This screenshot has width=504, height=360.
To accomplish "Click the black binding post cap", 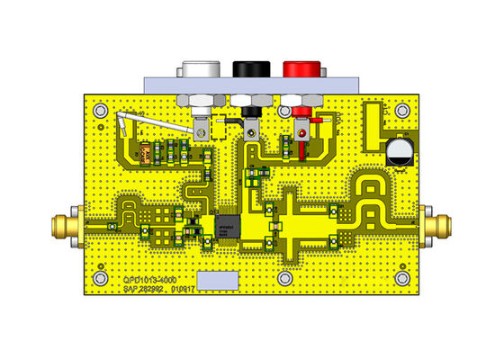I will (x=247, y=68).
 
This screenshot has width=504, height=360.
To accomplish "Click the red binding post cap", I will (x=297, y=68).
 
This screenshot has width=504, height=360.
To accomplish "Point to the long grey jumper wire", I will (x=153, y=126).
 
